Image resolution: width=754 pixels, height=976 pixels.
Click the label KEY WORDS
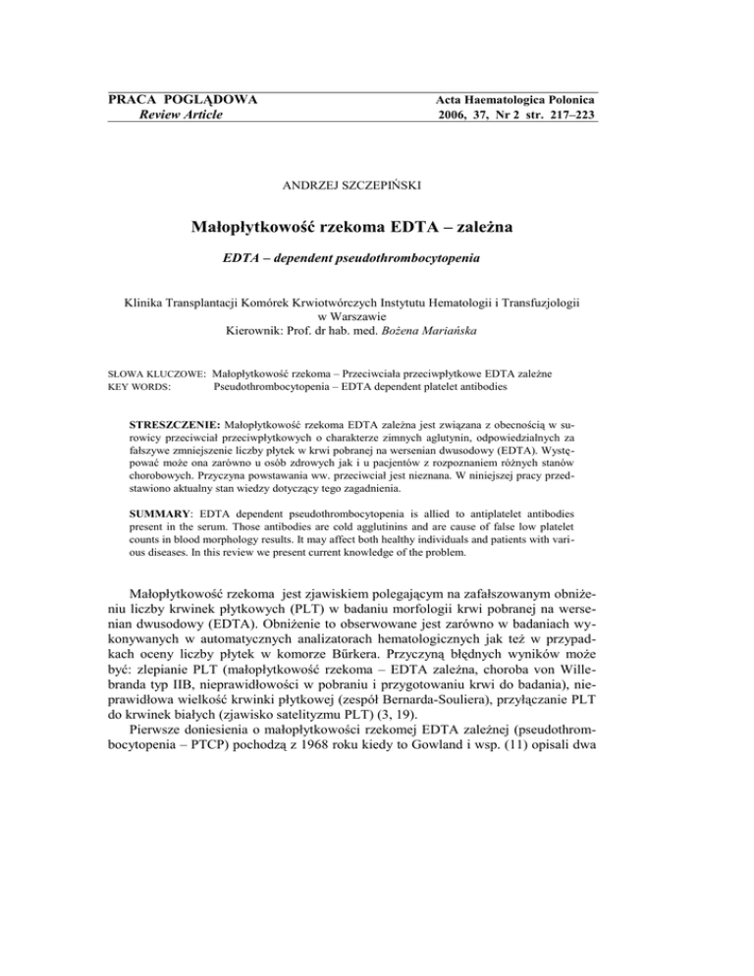coord(137,388)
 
